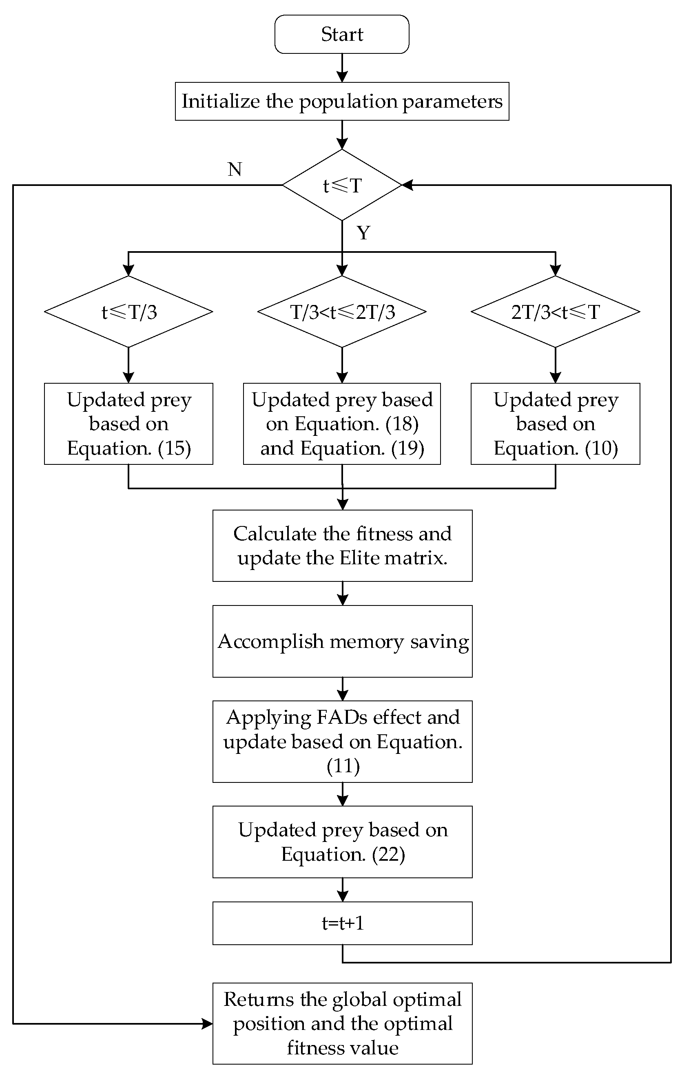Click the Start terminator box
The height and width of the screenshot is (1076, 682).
pyautogui.click(x=341, y=34)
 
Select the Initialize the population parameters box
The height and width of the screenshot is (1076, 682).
pyautogui.click(x=341, y=102)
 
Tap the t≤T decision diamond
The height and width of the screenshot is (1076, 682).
pyautogui.click(x=341, y=185)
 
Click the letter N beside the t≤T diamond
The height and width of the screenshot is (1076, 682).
pyautogui.click(x=235, y=169)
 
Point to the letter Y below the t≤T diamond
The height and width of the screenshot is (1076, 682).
pyautogui.click(x=363, y=233)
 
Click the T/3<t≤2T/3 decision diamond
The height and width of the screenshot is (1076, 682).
pyautogui.click(x=341, y=312)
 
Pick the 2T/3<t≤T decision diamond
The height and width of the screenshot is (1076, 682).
pyautogui.click(x=555, y=312)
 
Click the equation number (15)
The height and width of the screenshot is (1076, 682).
pyautogui.click(x=174, y=448)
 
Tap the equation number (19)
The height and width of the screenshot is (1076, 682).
pyautogui.click(x=407, y=448)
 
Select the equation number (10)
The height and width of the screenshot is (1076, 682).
pyautogui.click(x=601, y=448)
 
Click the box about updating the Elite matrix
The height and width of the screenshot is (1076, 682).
pyautogui.click(x=342, y=546)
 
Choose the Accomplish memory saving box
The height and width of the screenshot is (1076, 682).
pyautogui.click(x=342, y=641)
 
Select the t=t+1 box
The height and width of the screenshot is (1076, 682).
pyautogui.click(x=342, y=923)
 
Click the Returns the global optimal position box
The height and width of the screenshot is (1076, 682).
pyautogui.click(x=342, y=1023)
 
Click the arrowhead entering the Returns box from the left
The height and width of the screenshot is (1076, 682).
pyautogui.click(x=207, y=1024)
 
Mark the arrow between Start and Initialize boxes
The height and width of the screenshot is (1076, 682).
pyautogui.click(x=342, y=68)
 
